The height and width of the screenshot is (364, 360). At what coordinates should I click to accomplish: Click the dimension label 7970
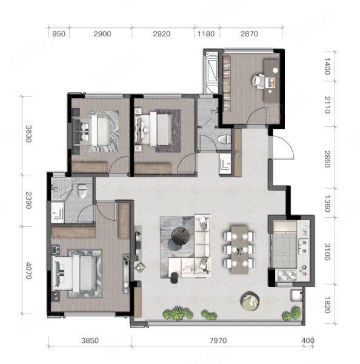click(x=218, y=340)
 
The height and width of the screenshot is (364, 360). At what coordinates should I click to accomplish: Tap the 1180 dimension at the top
click(x=206, y=34)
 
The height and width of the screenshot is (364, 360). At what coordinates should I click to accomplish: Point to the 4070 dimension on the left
click(x=28, y=271)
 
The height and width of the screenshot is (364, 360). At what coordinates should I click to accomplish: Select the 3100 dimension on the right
click(x=327, y=252)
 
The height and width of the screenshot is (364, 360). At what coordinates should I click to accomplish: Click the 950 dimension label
click(x=59, y=34)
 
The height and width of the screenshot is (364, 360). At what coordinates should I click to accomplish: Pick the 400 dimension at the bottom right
click(x=308, y=340)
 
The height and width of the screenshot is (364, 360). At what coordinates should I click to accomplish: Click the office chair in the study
click(x=258, y=81)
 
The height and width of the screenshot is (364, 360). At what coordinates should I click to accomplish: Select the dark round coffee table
click(x=181, y=237)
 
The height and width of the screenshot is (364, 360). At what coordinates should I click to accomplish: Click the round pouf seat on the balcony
click(x=250, y=301)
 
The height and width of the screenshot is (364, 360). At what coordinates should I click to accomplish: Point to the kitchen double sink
click(x=287, y=275)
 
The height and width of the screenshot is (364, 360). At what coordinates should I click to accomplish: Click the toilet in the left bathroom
click(x=82, y=190)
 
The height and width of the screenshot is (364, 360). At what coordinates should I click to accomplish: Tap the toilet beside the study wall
click(x=224, y=140)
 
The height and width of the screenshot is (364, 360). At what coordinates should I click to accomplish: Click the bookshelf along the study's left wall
click(x=227, y=83)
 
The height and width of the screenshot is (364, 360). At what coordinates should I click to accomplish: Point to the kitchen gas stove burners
click(x=304, y=246)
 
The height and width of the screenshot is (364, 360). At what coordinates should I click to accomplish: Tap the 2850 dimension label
click(x=327, y=159)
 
